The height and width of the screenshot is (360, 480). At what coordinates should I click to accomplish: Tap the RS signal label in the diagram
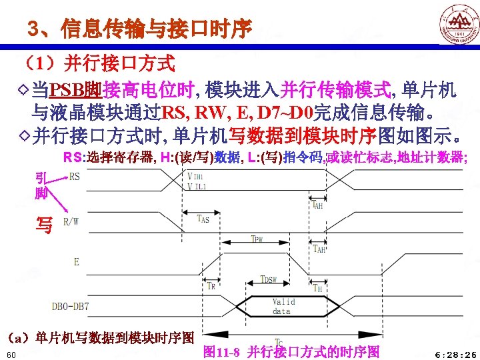point(74,177)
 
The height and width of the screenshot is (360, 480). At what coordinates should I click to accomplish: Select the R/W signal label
point(71,221)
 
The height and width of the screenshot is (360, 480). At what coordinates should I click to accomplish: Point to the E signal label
point(77,262)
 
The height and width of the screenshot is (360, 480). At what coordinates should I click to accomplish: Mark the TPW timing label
point(257,238)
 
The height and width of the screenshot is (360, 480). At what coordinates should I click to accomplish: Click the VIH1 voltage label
point(197,176)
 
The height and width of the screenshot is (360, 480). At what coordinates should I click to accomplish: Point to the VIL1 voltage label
point(197,187)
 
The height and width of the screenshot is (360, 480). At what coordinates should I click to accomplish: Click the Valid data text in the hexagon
point(283,307)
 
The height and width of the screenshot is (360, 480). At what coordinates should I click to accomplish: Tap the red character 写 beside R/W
point(45,226)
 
